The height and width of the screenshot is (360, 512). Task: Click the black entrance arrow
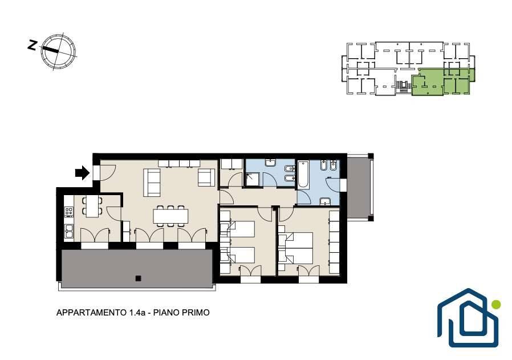point(82,172)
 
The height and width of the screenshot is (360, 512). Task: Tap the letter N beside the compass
point(32,45)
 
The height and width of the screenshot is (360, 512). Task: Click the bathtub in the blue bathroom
point(303,174)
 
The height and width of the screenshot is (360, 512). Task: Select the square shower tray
point(254,179)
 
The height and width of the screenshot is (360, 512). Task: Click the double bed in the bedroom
point(295,248)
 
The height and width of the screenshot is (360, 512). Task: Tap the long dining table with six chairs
point(171,216)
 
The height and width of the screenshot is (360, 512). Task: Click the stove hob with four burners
point(69,212)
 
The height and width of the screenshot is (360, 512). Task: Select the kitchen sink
point(69,231)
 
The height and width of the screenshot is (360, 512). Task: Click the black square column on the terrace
point(139,278)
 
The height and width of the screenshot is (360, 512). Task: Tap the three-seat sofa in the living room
point(152,183)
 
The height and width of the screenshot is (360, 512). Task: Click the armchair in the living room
point(206,178)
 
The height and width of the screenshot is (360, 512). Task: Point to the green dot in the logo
point(496,305)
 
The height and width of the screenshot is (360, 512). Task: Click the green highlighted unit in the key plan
point(443,82)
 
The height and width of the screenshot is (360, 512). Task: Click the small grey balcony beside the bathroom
point(359,188)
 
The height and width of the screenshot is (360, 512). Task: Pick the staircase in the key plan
point(404,86)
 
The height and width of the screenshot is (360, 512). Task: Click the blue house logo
point(468,318)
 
